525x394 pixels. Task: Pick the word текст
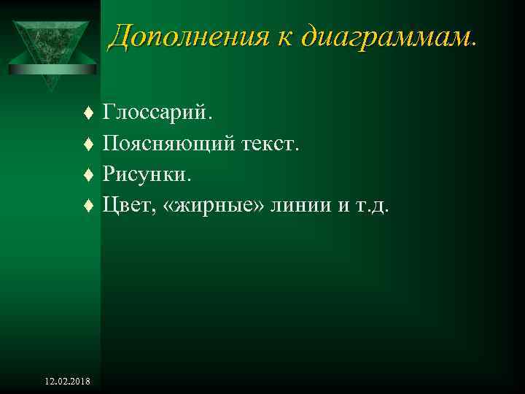click(271, 144)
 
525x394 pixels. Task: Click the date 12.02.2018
click(68, 382)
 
